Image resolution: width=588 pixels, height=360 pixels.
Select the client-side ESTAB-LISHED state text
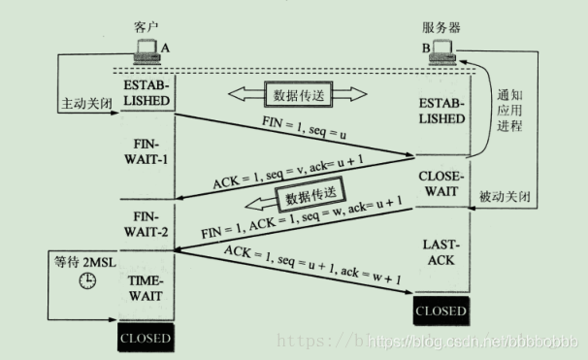click(x=147, y=93)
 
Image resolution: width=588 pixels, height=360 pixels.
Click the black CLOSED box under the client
click(x=146, y=339)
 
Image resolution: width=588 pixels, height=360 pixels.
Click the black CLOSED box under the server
click(x=441, y=311)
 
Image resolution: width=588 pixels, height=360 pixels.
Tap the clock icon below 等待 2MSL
click(x=87, y=280)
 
